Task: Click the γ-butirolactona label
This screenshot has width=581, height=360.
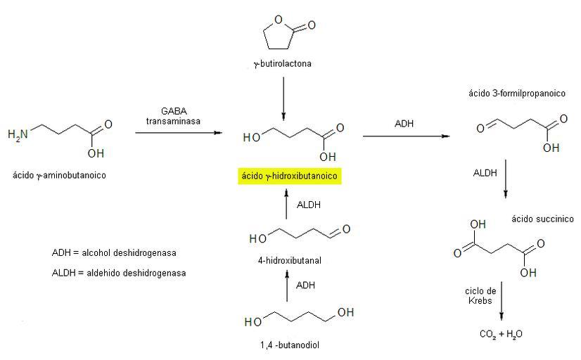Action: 282,64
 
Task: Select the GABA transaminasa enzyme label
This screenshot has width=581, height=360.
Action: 173,116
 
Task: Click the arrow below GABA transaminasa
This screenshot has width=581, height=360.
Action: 177,132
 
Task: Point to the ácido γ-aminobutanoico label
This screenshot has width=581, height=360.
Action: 59,175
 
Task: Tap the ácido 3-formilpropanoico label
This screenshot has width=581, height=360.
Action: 517,93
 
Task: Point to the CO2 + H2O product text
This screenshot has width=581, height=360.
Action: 500,334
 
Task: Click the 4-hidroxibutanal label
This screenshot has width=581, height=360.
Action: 290,260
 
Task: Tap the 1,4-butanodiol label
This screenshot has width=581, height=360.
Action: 289,345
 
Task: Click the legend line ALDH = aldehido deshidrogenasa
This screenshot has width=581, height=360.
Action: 119,272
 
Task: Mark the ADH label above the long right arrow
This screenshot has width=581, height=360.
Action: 404,124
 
